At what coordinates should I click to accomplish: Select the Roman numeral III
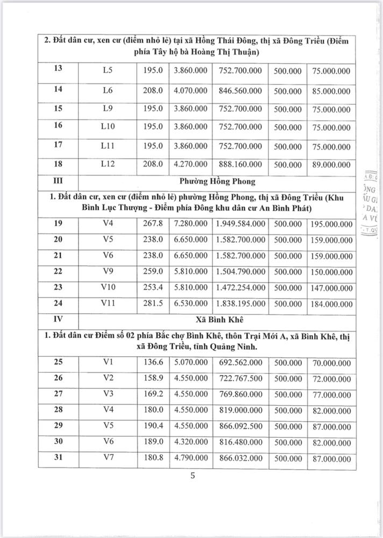(58, 181)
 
